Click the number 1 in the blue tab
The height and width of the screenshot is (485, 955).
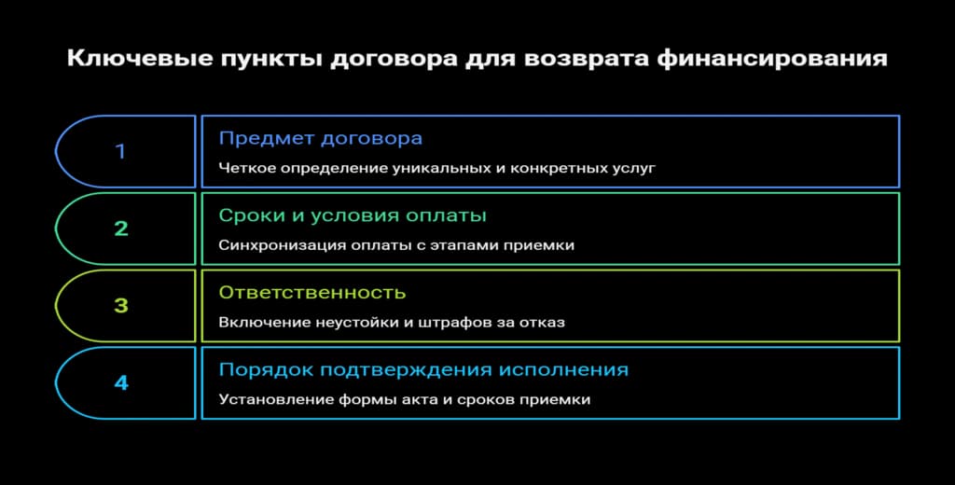120,151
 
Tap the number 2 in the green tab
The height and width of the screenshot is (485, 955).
121,229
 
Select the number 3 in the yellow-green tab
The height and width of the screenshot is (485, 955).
121,306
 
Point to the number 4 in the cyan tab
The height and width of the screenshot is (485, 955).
121,382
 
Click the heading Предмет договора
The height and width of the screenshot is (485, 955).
320,138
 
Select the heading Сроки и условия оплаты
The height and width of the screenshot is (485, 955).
353,215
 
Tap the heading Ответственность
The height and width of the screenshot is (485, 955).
312,293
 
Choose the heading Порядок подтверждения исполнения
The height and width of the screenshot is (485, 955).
423,370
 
